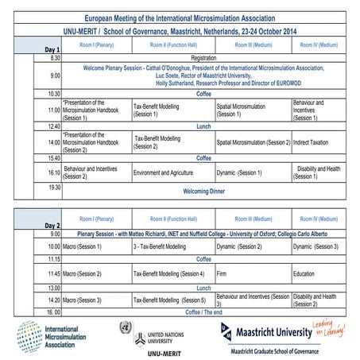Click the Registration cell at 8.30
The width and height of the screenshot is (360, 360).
click(203, 58)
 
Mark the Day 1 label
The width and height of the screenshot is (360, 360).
click(51, 49)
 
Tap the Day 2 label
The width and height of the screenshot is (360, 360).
click(51, 225)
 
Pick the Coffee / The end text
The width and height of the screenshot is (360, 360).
click(203, 312)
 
